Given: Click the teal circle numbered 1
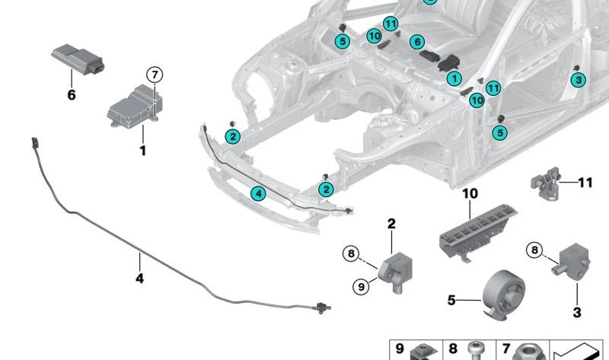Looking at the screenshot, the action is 454,79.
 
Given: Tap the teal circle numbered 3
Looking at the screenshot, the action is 579,80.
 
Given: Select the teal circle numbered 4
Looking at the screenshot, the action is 258,193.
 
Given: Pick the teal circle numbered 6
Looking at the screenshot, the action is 417,42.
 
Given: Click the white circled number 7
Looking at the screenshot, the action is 155,74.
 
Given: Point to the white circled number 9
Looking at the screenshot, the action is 361,287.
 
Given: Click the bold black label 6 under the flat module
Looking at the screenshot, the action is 72,95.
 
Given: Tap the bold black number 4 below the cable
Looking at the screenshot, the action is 139,278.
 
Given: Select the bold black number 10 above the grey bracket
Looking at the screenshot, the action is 470,193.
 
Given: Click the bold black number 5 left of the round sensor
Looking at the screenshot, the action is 451,300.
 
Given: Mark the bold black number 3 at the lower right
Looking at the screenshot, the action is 577,312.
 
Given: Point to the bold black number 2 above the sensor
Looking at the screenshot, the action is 391,223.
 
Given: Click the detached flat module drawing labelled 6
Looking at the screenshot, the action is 78,59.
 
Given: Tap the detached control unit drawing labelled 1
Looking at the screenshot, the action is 135,106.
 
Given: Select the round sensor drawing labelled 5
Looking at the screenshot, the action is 503,294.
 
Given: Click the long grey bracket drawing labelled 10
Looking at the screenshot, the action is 479,231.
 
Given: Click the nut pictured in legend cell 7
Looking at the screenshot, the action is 528,352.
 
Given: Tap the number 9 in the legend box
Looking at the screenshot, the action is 400,349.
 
